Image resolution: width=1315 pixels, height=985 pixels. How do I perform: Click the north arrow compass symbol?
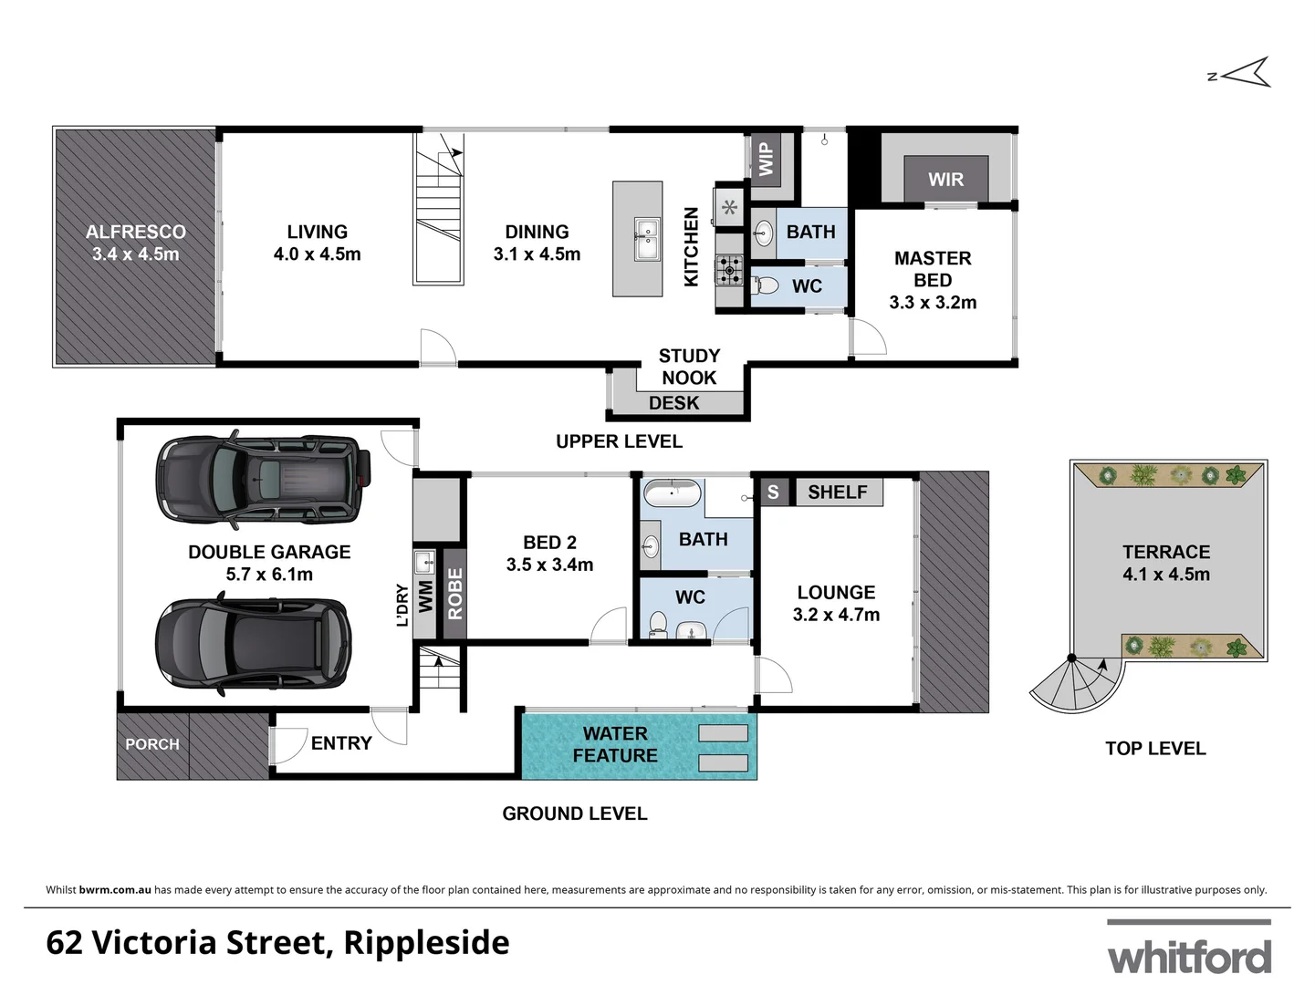[x=1243, y=73]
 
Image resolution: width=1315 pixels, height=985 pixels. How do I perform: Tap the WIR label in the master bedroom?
[x=945, y=180]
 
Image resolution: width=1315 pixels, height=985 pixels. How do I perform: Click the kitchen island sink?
[x=646, y=239]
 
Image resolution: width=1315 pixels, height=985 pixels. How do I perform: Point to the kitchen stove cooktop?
[x=729, y=269]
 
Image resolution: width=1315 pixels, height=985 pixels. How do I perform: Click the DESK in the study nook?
[x=674, y=403]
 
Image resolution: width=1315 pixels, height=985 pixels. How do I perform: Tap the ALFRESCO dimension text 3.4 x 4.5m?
[x=135, y=254]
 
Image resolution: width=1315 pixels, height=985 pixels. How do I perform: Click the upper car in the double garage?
[x=264, y=479]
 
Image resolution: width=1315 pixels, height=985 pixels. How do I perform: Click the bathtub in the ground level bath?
[x=672, y=494]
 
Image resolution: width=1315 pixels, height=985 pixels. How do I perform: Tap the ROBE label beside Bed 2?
[x=454, y=594]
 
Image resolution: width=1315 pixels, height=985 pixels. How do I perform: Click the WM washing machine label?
[x=425, y=596]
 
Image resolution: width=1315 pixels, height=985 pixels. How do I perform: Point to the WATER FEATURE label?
[x=614, y=744]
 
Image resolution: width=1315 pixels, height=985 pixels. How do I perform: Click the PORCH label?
[x=152, y=744]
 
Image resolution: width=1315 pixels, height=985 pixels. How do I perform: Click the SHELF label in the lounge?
[x=837, y=493]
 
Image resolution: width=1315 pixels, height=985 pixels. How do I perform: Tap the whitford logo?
[x=1189, y=953]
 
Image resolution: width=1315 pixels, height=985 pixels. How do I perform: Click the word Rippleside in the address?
[x=426, y=942]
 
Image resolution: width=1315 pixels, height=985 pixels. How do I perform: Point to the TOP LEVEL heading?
[x=1154, y=749]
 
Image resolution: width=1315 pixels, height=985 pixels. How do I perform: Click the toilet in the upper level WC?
[x=767, y=286]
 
